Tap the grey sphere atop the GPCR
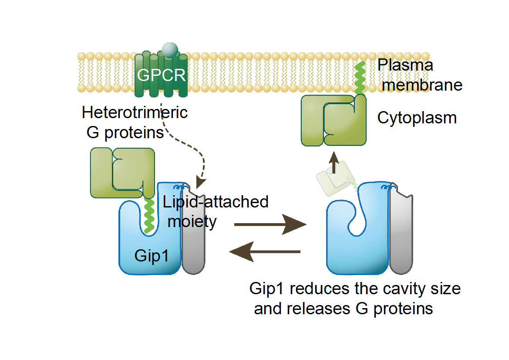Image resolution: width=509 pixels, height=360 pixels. point(169,49)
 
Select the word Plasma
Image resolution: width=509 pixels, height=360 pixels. point(405,65)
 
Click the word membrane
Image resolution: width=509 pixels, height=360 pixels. point(422,85)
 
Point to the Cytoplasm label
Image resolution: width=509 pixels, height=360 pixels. point(417,118)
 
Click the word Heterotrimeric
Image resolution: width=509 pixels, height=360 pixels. point(135,112)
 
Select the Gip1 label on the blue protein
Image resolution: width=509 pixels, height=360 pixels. point(151,255)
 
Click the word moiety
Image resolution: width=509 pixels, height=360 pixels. point(192,221)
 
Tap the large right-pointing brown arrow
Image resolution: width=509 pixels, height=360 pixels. point(270,225)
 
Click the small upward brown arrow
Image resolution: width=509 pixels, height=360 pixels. point(334,163)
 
